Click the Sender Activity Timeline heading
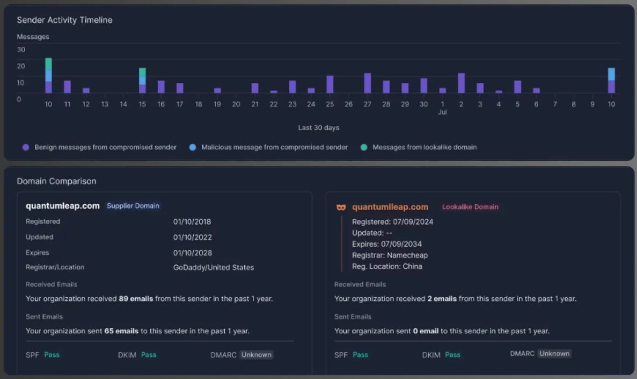pyautogui.click(x=64, y=20)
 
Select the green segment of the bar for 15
pyautogui.click(x=142, y=72)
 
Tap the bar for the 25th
pyautogui.click(x=330, y=84)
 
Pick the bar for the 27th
pyautogui.click(x=368, y=83)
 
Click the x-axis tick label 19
pyautogui.click(x=217, y=104)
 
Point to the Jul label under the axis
pyautogui.click(x=443, y=112)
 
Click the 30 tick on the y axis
pyautogui.click(x=21, y=49)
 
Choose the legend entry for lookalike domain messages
pyautogui.click(x=424, y=147)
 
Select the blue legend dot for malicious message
pyautogui.click(x=193, y=147)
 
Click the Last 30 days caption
pyautogui.click(x=319, y=128)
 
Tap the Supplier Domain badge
pyautogui.click(x=133, y=206)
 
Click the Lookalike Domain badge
pyautogui.click(x=470, y=207)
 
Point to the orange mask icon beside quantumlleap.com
pyautogui.click(x=341, y=207)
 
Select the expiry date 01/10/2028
pyautogui.click(x=192, y=253)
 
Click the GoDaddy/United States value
pyautogui.click(x=213, y=267)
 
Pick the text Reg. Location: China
pyautogui.click(x=387, y=267)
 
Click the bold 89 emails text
pyautogui.click(x=136, y=298)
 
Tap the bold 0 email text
pyautogui.click(x=426, y=331)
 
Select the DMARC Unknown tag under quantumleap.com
pyautogui.click(x=256, y=355)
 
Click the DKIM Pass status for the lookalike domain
pyautogui.click(x=452, y=355)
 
